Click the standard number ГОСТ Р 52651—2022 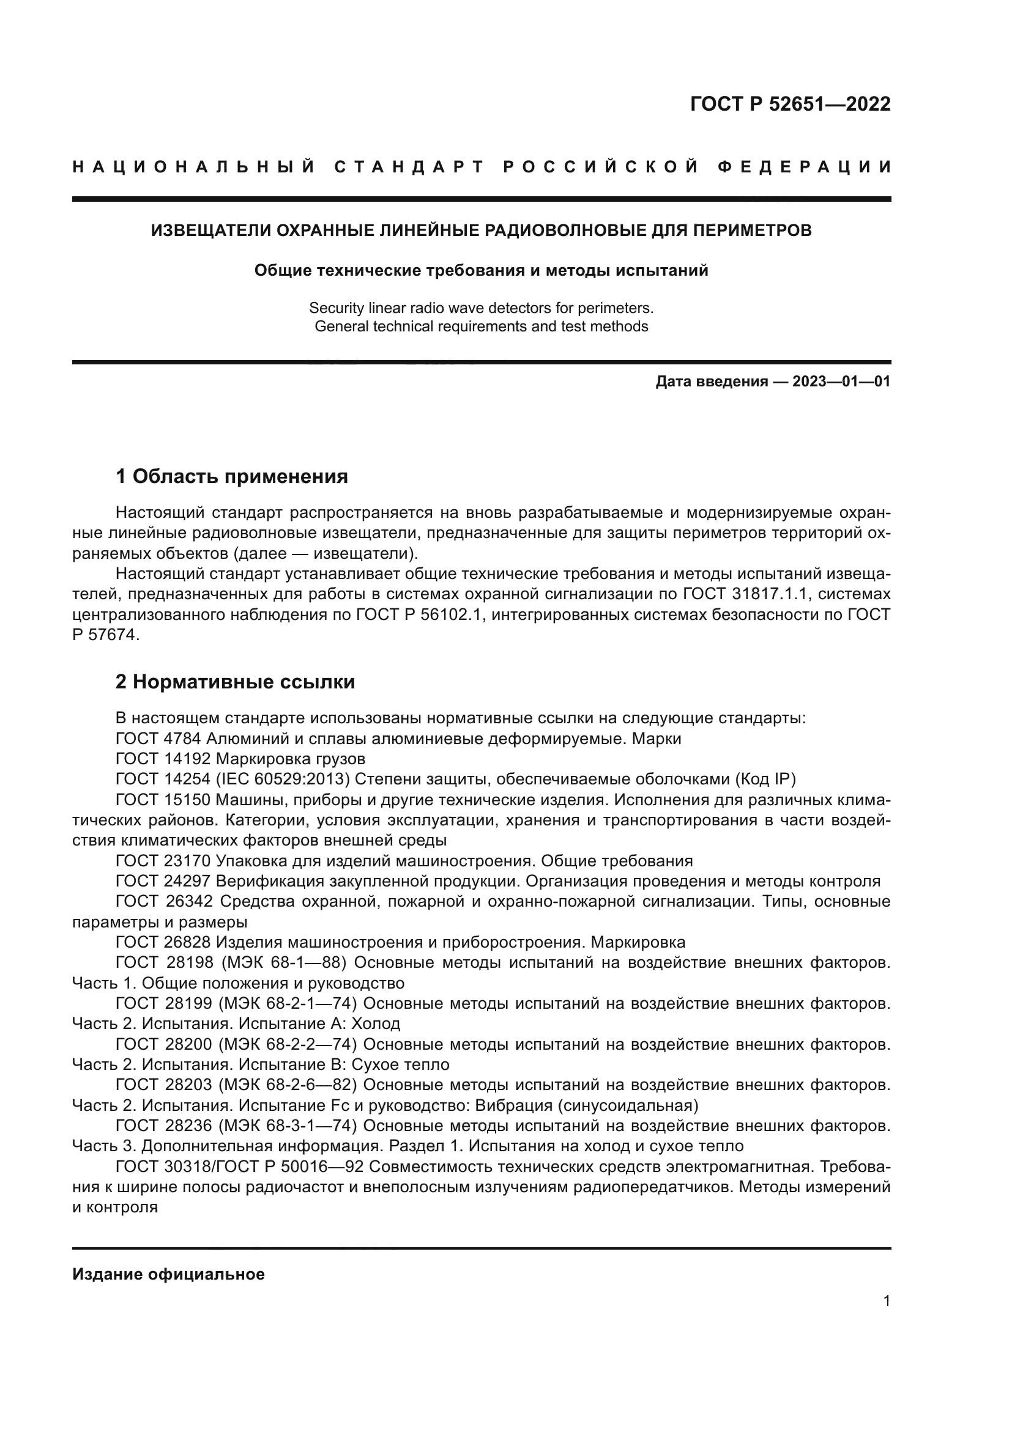pyautogui.click(x=790, y=104)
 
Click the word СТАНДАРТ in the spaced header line pyautogui.click(x=409, y=167)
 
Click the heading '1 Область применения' pyautogui.click(x=232, y=476)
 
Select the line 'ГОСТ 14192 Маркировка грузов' pyautogui.click(x=240, y=759)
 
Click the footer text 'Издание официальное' pyautogui.click(x=168, y=1274)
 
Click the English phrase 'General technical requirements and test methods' pyautogui.click(x=481, y=326)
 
